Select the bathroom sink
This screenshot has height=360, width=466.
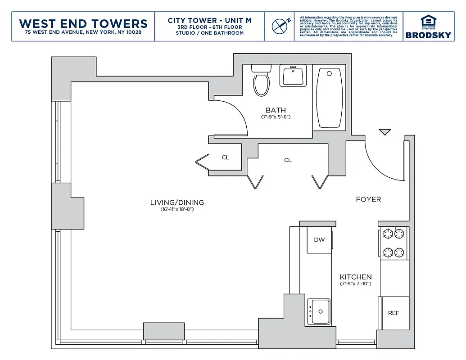(x=293, y=75)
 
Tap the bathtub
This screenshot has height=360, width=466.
(x=329, y=98)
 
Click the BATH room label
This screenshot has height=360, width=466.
(x=276, y=110)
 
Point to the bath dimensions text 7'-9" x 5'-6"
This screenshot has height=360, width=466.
(x=276, y=117)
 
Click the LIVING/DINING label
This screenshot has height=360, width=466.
(x=177, y=202)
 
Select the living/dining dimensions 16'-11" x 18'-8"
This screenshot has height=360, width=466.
(x=177, y=209)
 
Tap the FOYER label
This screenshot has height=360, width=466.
(x=368, y=199)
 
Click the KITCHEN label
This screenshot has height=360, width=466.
(x=356, y=277)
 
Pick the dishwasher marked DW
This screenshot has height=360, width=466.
(x=319, y=240)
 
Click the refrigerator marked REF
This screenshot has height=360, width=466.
(x=394, y=313)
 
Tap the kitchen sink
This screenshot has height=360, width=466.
(x=319, y=311)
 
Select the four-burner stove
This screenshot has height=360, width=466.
(x=394, y=243)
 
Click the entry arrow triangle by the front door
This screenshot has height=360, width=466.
(x=385, y=132)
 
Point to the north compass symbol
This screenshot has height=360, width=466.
(x=280, y=25)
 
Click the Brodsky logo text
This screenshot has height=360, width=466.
(x=428, y=35)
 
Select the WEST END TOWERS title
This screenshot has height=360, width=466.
(x=83, y=23)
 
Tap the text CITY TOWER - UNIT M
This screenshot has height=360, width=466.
(x=209, y=21)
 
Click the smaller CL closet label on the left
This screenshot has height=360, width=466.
(x=226, y=157)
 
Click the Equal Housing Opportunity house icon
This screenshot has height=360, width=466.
(x=428, y=21)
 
